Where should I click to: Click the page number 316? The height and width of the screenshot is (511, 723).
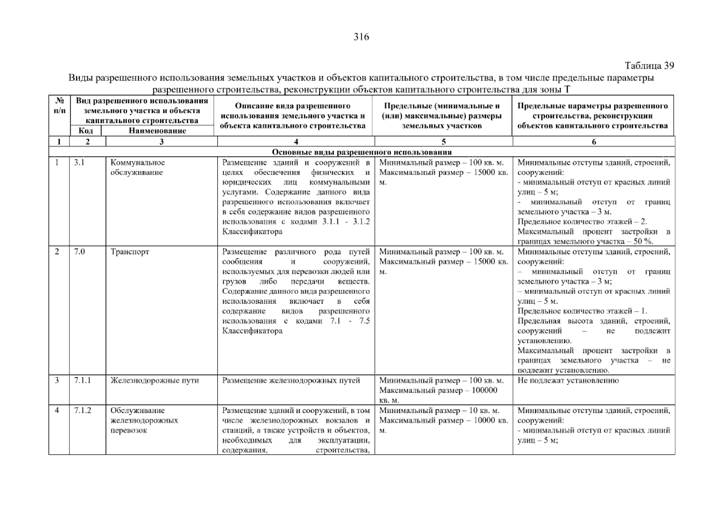pyautogui.click(x=361, y=37)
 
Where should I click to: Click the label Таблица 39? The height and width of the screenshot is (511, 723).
pyautogui.click(x=649, y=66)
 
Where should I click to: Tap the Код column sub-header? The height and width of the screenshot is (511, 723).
pyautogui.click(x=86, y=131)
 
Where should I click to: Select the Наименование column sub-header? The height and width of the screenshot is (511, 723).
pyautogui.click(x=157, y=131)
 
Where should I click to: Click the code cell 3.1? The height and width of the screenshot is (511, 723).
pyautogui.click(x=79, y=163)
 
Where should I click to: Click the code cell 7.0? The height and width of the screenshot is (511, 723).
pyautogui.click(x=79, y=252)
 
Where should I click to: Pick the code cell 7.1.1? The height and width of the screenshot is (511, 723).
pyautogui.click(x=82, y=381)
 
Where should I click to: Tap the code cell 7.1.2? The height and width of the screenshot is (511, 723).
pyautogui.click(x=82, y=411)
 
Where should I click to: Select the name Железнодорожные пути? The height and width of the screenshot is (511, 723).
pyautogui.click(x=155, y=381)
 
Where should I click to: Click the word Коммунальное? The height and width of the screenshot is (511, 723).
pyautogui.click(x=138, y=163)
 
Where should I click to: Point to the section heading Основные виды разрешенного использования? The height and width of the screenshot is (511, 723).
pyautogui.click(x=362, y=152)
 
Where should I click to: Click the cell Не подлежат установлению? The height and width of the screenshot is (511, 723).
pyautogui.click(x=567, y=381)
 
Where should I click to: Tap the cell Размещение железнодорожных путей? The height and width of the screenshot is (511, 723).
pyautogui.click(x=291, y=381)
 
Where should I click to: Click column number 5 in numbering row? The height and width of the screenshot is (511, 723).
pyautogui.click(x=444, y=142)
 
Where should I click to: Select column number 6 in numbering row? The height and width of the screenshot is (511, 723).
pyautogui.click(x=593, y=142)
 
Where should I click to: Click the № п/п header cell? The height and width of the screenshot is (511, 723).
pyautogui.click(x=60, y=106)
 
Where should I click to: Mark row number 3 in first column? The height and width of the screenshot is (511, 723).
pyautogui.click(x=57, y=381)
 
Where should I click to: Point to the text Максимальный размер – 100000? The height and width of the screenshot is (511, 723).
pyautogui.click(x=438, y=390)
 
